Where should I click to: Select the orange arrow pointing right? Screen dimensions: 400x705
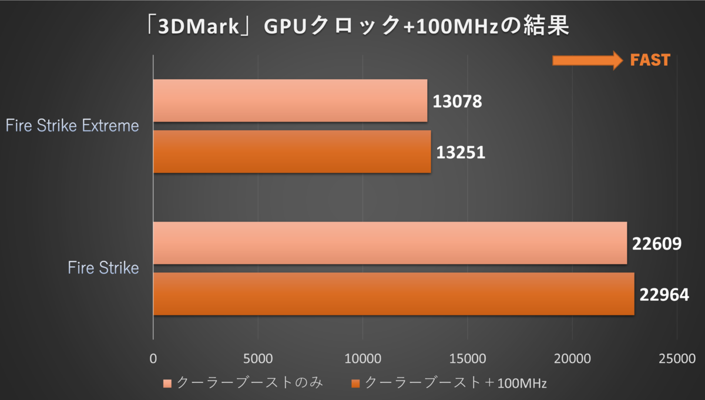[x=587, y=59]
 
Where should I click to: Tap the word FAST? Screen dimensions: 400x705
[x=650, y=60]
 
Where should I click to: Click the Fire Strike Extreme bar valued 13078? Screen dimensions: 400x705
[x=290, y=100]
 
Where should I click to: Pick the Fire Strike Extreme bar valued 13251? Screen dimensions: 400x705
[x=292, y=152]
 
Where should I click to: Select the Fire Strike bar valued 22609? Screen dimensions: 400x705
[x=390, y=243]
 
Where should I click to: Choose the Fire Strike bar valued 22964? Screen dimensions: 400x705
[x=394, y=294]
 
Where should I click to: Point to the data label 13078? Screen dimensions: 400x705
[x=458, y=102]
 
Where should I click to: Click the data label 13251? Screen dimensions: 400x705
[x=461, y=153]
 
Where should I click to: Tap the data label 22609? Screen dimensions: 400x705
[x=657, y=243]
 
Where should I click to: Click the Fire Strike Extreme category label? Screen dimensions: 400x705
[x=72, y=126]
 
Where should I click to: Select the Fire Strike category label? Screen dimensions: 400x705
[x=103, y=268]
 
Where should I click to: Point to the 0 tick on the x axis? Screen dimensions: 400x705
[x=153, y=358]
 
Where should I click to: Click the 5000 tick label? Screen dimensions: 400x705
[x=258, y=358]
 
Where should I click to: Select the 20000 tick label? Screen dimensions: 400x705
[x=572, y=358]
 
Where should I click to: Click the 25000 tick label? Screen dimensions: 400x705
[x=677, y=358]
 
